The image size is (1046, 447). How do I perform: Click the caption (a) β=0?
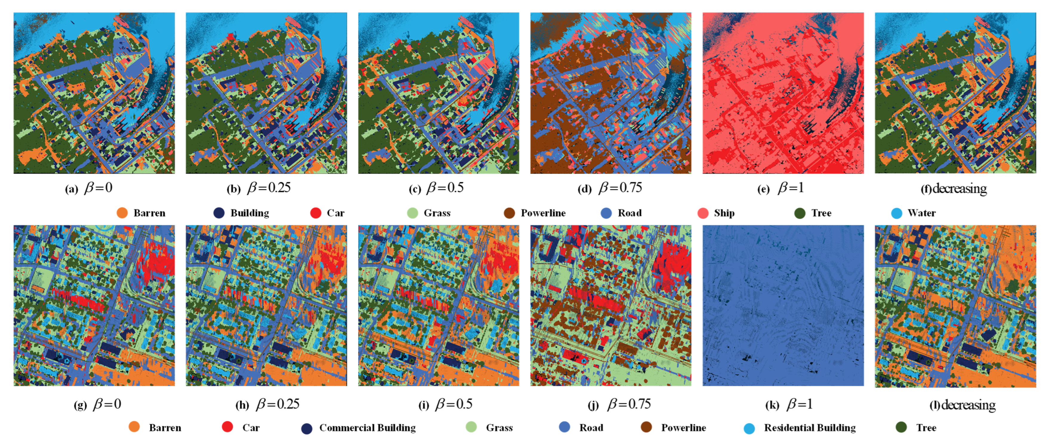pyautogui.click(x=89, y=188)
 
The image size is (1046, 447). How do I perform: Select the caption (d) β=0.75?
pyautogui.click(x=610, y=188)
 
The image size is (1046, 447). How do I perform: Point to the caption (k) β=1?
pyautogui.click(x=789, y=404)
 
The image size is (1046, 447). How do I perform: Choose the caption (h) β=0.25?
pyautogui.click(x=268, y=404)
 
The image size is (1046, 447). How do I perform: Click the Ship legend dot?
pyautogui.click(x=703, y=213)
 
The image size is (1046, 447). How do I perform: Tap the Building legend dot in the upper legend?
pyautogui.click(x=219, y=213)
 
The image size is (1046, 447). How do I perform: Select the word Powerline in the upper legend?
pyautogui.click(x=543, y=213)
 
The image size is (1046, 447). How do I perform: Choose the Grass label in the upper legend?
pyautogui.click(x=437, y=213)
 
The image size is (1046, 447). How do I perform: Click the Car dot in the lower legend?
pyautogui.click(x=227, y=427)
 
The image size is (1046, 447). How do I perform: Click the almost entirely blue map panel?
pyautogui.click(x=783, y=305)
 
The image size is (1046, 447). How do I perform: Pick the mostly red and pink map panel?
pyautogui.click(x=783, y=93)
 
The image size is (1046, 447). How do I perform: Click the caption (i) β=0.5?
pyautogui.click(x=445, y=404)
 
